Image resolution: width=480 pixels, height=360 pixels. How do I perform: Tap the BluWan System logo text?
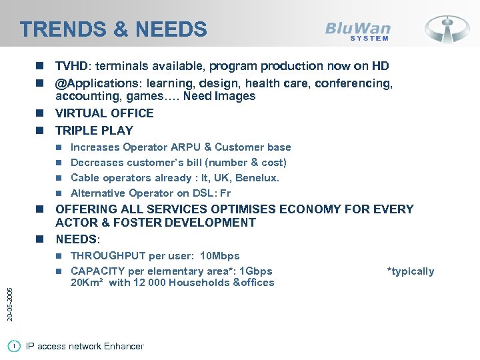coord(358,31)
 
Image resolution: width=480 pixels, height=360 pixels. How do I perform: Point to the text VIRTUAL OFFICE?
coord(104,113)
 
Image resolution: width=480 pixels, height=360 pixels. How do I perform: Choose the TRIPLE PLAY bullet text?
coord(94,131)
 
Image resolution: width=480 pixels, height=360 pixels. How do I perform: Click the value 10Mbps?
coord(220,256)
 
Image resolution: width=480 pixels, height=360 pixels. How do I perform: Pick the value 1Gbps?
coord(255,271)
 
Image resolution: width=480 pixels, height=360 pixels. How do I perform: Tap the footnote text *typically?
coord(410,271)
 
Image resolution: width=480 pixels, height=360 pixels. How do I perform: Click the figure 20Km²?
coord(88,283)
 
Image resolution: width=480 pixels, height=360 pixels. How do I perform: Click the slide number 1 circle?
coord(15,346)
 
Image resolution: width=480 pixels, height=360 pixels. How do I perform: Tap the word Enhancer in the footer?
coord(122,346)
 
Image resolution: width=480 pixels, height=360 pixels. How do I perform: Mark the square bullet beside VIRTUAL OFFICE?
coord(41,113)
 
